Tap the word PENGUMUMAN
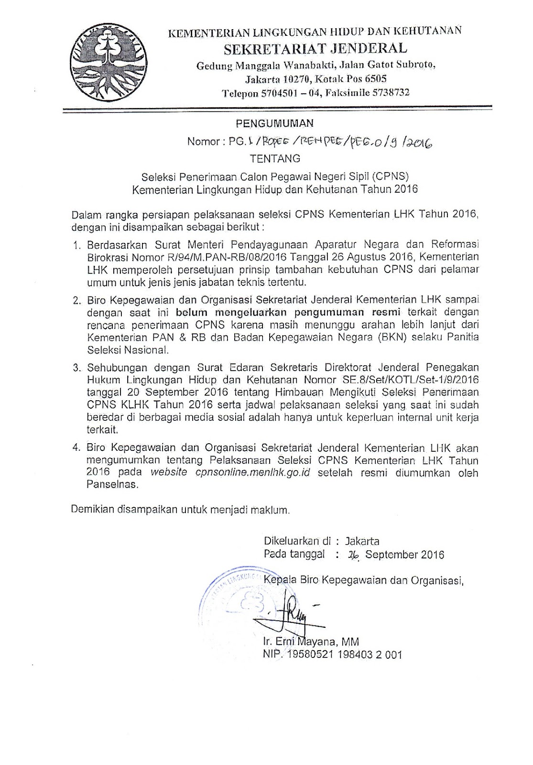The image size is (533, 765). coord(275,123)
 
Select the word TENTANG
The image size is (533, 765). coord(275,158)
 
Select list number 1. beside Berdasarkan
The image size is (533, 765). coord(77,245)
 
